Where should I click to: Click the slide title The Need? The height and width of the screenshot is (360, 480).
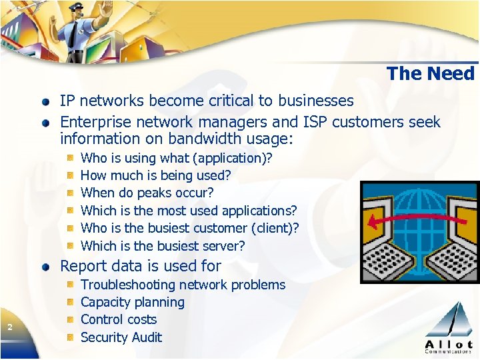pos(430,73)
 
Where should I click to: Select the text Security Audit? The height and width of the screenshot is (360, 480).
pos(121,337)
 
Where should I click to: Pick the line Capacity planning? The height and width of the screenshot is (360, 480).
pos(132,302)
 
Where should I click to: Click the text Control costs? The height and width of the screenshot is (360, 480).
pos(118,319)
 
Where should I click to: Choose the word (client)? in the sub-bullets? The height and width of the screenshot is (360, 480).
pos(275,228)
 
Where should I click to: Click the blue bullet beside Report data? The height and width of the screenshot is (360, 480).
pos(45,267)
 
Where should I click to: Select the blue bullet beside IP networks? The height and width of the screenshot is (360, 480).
pos(45,102)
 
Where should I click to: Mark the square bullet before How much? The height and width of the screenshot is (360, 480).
pos(70,175)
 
